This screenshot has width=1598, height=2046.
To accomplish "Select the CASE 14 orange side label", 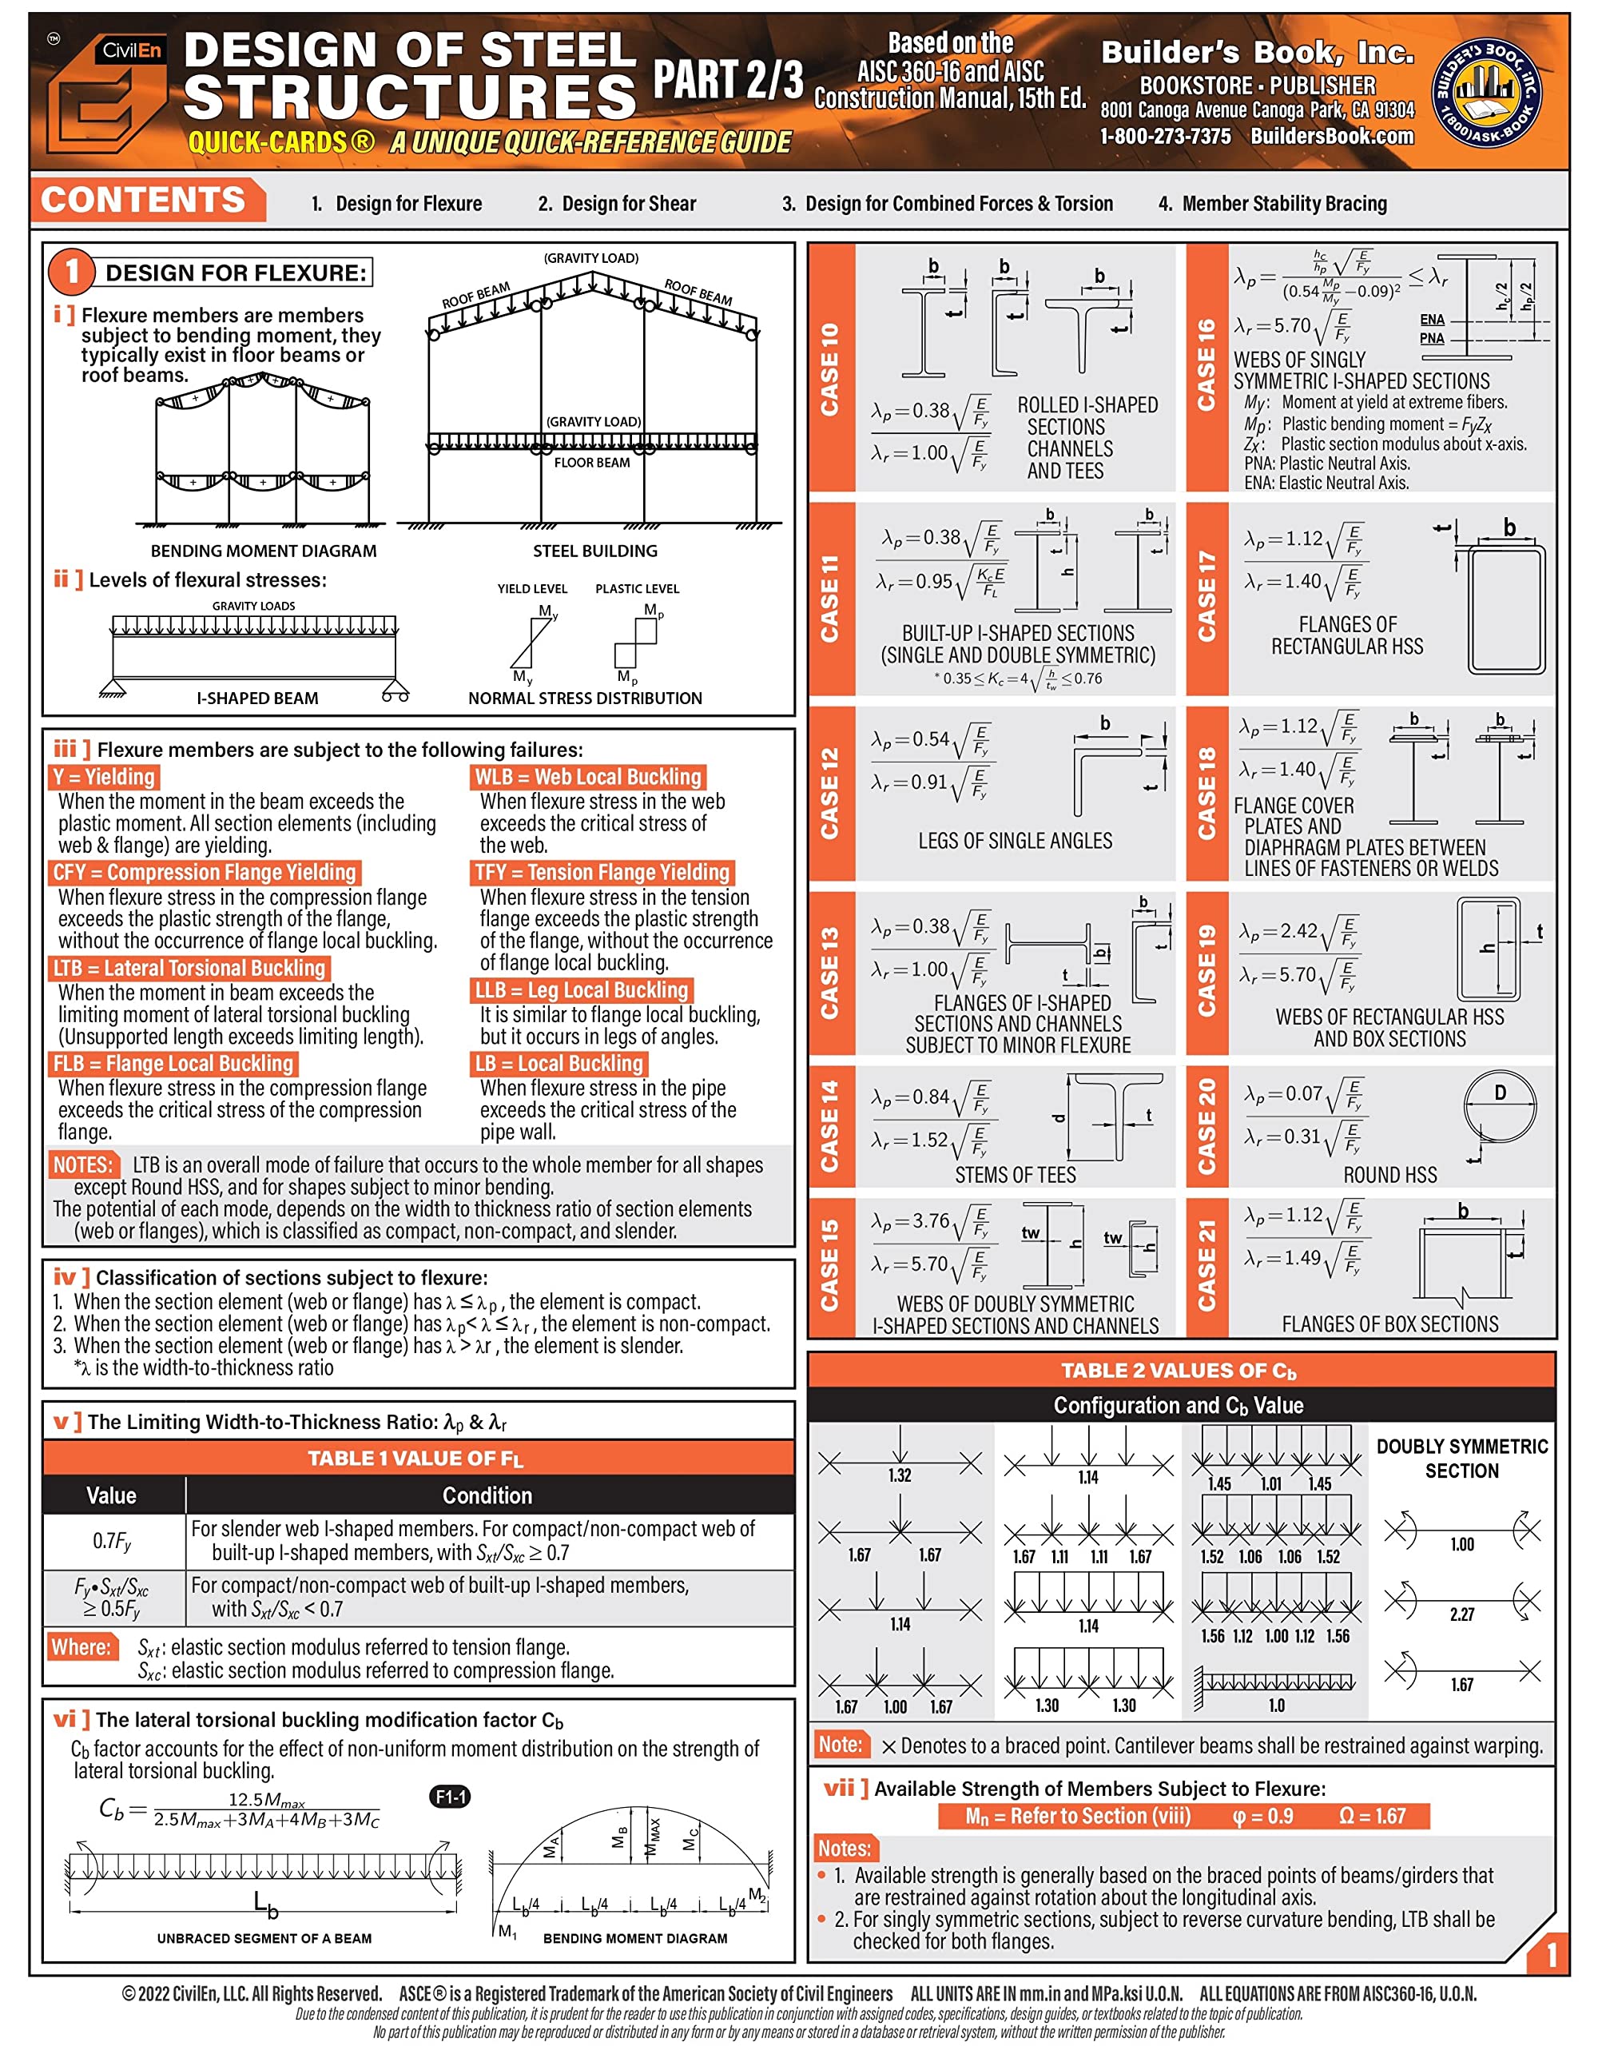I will pyautogui.click(x=830, y=1126).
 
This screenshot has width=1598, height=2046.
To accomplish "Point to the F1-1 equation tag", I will pyautogui.click(x=450, y=1797).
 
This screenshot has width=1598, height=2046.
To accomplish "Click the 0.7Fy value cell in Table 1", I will pyautogui.click(x=113, y=1541).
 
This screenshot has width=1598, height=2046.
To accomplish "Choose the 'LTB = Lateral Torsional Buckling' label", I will pyautogui.click(x=189, y=968).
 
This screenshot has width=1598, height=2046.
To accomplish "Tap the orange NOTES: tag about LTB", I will pyautogui.click(x=83, y=1164).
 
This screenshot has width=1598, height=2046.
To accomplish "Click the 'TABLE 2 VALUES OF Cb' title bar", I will pyautogui.click(x=1180, y=1371).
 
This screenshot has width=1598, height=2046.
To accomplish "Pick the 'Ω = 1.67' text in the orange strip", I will pyautogui.click(x=1371, y=1816).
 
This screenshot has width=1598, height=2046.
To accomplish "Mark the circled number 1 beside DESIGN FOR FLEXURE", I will pyautogui.click(x=72, y=272).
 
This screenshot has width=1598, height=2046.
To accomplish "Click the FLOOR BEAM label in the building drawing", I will pyautogui.click(x=592, y=462).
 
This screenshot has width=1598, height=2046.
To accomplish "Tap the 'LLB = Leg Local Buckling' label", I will pyautogui.click(x=582, y=990).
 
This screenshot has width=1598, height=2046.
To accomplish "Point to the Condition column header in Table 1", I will pyautogui.click(x=487, y=1495).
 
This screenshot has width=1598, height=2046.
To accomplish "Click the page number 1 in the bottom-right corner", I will pyautogui.click(x=1551, y=1954).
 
